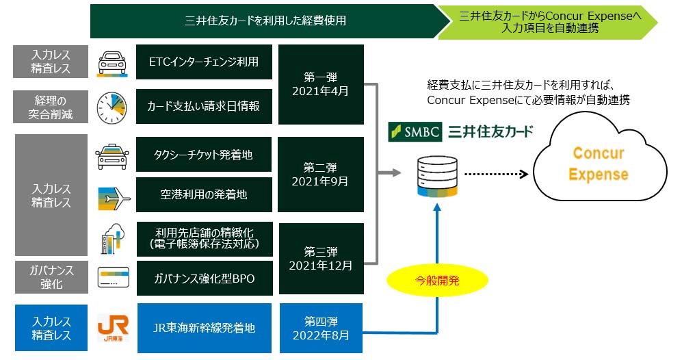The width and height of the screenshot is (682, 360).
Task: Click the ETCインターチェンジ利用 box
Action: tap(204, 62)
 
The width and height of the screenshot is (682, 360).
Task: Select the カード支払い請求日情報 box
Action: tap(204, 106)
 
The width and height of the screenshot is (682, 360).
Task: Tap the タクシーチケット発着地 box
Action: tap(204, 155)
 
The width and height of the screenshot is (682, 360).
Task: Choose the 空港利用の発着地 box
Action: tap(204, 194)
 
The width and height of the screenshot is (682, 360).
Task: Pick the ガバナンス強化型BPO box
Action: tap(204, 279)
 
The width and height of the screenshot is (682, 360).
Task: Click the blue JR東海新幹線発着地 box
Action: tap(204, 329)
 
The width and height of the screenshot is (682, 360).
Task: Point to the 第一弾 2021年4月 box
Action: tap(320, 84)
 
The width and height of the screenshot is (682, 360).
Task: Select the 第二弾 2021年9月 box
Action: tap(320, 175)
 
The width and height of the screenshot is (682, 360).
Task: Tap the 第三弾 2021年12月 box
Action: tap(320, 258)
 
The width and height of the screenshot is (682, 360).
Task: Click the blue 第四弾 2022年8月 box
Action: tap(320, 329)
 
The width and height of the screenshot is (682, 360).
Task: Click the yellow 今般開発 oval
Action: tap(438, 279)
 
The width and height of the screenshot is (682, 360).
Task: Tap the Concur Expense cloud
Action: tap(598, 163)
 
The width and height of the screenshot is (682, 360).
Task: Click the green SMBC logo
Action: tap(415, 131)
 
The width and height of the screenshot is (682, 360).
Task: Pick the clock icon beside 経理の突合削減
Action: tap(112, 106)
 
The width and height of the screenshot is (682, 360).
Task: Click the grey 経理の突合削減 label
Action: tap(51, 106)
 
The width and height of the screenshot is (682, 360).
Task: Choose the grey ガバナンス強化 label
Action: tap(51, 278)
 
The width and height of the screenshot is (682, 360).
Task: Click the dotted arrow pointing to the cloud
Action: tap(497, 174)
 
